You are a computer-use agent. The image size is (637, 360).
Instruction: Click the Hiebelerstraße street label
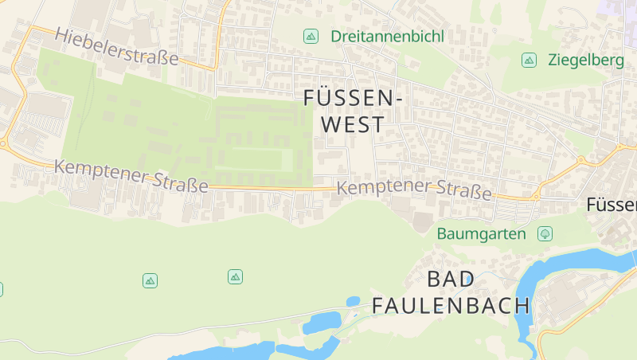(x=116, y=47)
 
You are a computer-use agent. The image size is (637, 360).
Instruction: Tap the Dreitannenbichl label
(x=387, y=36)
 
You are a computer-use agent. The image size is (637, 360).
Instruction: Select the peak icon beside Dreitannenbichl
(x=311, y=36)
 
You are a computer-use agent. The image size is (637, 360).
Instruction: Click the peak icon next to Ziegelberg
(x=529, y=60)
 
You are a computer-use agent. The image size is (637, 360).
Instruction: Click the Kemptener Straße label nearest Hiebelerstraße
(x=131, y=176)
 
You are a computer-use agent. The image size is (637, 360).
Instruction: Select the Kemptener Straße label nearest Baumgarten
(x=413, y=189)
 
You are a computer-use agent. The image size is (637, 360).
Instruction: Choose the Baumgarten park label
(x=482, y=233)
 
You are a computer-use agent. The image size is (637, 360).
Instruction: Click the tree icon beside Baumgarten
(x=545, y=233)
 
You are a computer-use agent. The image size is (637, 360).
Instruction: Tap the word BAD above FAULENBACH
(x=451, y=280)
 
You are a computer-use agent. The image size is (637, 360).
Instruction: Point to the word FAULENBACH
(x=451, y=305)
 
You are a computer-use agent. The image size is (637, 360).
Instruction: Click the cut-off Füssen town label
(x=612, y=205)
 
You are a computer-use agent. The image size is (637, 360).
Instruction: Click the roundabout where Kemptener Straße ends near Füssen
(x=537, y=195)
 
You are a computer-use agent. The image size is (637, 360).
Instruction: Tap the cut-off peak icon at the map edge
(x=1, y=289)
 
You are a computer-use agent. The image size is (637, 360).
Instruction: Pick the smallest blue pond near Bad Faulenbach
(x=353, y=301)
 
